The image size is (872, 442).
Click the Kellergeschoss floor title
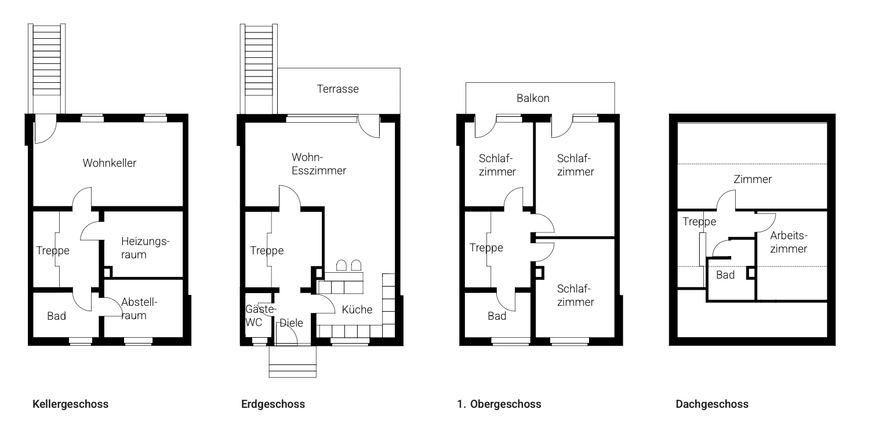71,404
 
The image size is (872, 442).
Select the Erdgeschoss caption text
273,404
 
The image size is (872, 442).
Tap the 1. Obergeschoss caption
499,404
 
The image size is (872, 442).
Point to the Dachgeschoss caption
712,404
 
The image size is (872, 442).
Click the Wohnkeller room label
110,163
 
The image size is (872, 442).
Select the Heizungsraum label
145,247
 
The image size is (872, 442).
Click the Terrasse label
337,89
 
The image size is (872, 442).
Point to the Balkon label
533,98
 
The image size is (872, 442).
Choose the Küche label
357,310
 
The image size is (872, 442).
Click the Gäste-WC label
256,316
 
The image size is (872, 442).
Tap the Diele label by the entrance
292,323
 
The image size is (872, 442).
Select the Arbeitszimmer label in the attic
789,242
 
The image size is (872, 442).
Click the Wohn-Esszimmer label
319,164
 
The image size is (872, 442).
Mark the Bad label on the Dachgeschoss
725,275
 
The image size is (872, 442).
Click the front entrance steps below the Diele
293,362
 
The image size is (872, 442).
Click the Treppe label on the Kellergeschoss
53,251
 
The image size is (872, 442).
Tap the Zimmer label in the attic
753,180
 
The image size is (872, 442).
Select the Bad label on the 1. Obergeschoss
497,316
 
